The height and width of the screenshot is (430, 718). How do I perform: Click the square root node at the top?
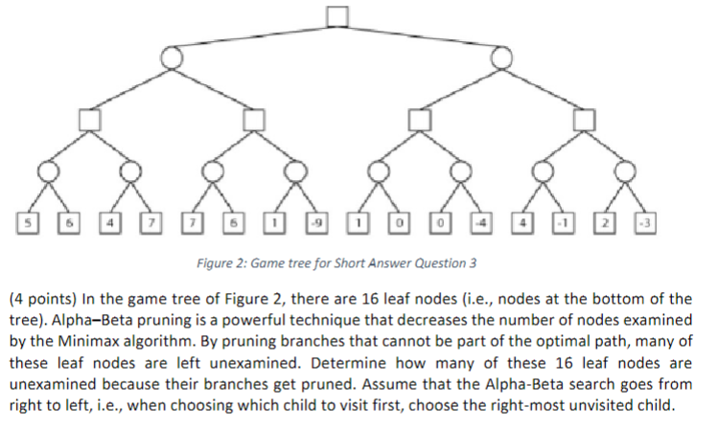coord(336,16)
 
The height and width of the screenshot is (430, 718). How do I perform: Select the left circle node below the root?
coord(171,58)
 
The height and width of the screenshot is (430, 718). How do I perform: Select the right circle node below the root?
coord(500,58)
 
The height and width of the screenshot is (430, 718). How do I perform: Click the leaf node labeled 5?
coord(28,223)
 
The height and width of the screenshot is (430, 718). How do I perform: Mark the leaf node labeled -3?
coord(646,223)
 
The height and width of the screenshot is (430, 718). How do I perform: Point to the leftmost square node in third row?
coord(88,119)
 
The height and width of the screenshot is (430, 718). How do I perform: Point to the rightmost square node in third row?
coord(584,119)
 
